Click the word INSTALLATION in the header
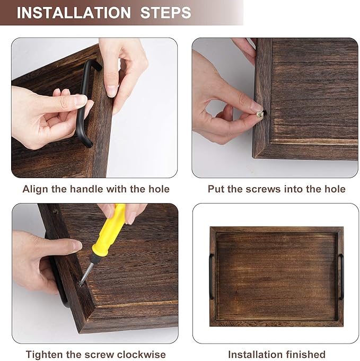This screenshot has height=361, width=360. (74, 13)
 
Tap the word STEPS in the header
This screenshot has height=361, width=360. (165, 13)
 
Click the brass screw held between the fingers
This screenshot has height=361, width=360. (260, 113)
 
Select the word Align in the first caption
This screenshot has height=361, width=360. (34, 189)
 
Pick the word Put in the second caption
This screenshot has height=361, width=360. (216, 189)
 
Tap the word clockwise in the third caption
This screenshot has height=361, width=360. (143, 355)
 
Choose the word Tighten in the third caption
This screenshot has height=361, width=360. (44, 355)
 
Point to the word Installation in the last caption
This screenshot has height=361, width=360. (253, 355)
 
